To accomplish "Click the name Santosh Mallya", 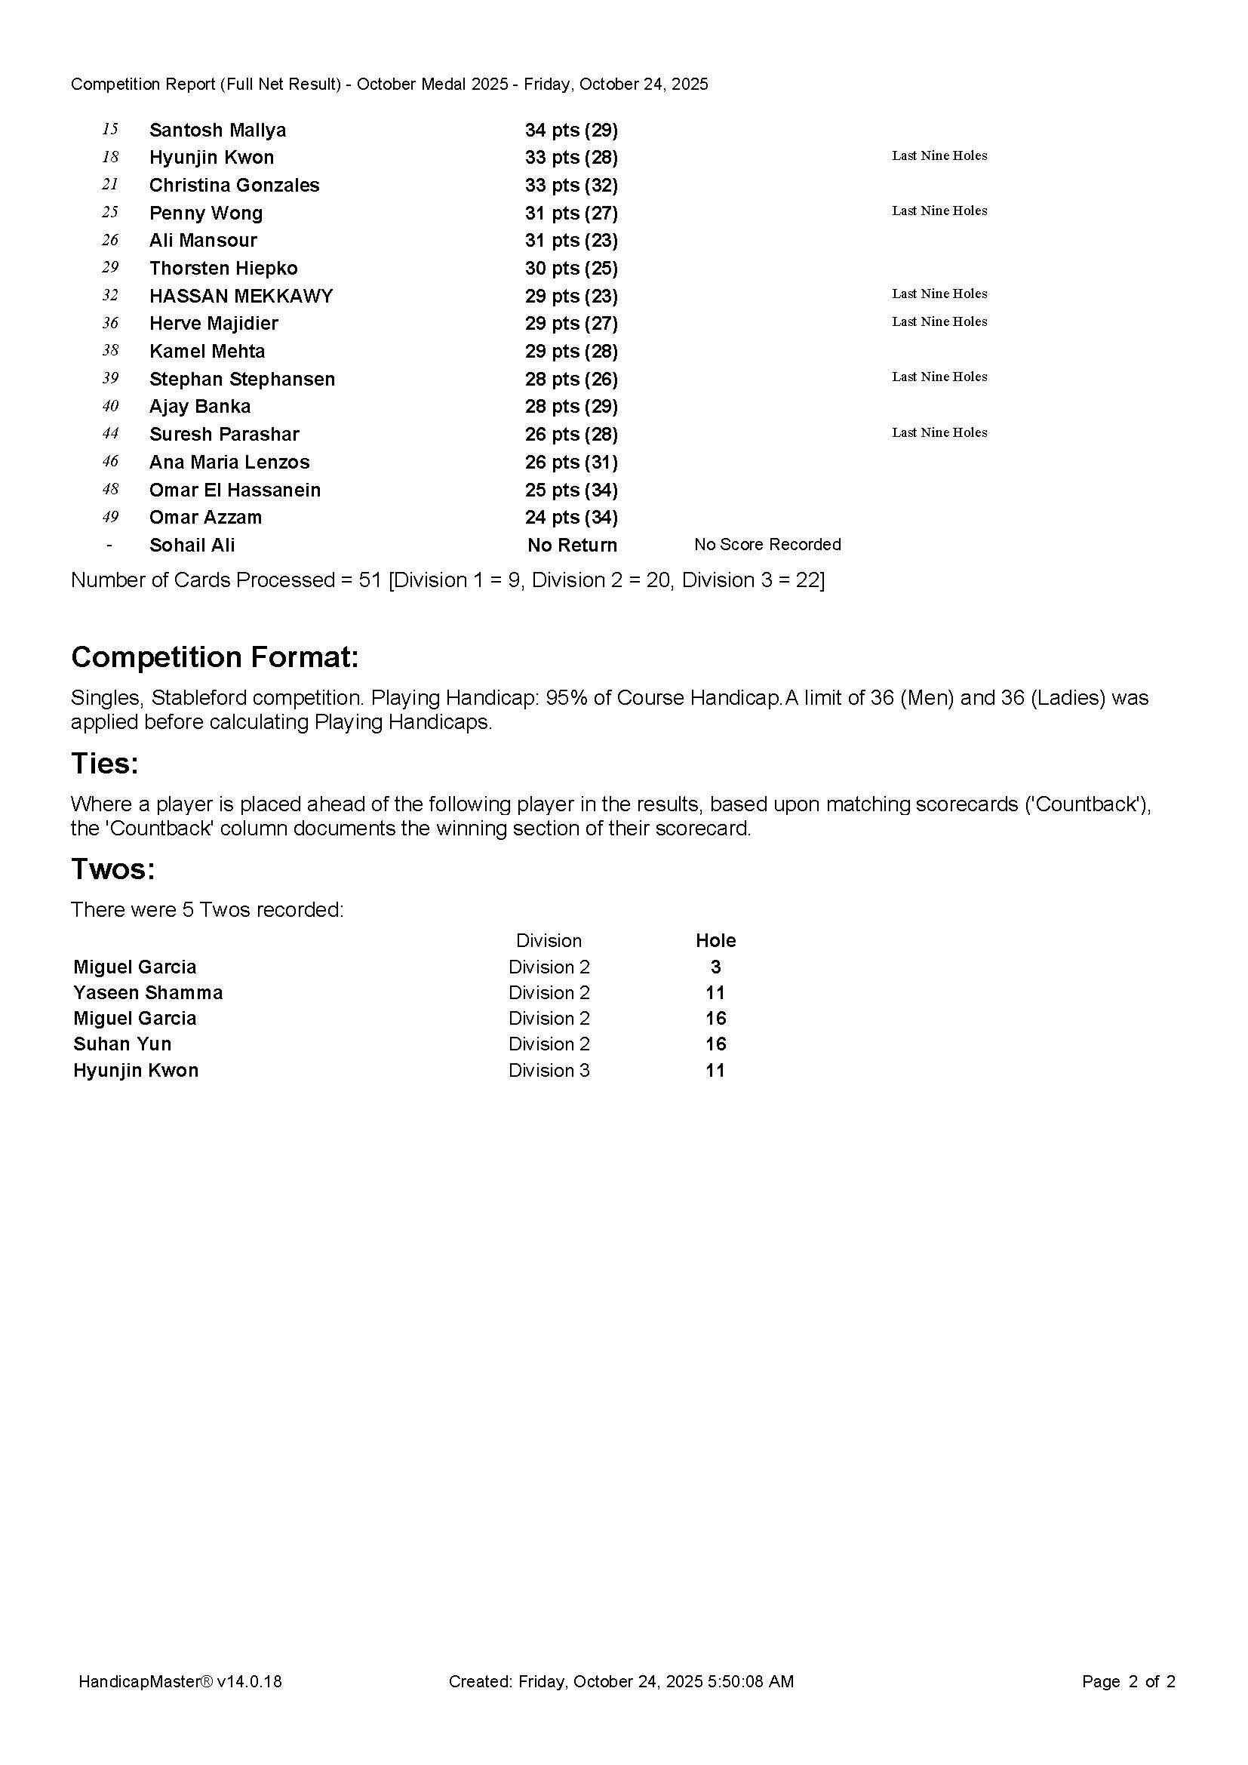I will pos(217,130).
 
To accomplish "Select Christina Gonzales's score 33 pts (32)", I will pos(571,186).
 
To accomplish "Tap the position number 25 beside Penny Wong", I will pos(110,212).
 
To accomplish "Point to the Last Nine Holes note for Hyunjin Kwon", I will pos(939,155).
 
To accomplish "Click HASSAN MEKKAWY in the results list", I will pos(241,296).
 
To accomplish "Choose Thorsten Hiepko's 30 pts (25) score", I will pos(571,269).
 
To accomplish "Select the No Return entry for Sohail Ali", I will pos(572,545).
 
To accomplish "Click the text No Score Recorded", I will pos(767,544).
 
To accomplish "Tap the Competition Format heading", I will pos(214,657).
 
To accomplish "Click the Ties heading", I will pos(105,764).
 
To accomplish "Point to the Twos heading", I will pos(113,869).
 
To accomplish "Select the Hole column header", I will pos(715,940).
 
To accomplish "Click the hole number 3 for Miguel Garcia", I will pos(715,967).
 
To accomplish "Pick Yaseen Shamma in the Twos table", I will pos(148,992).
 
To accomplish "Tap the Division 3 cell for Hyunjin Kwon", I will pos(549,1070).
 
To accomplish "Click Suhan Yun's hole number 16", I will pos(715,1044).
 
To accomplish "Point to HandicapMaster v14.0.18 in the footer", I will pos(180,1681).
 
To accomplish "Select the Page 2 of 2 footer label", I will pos(1128,1681).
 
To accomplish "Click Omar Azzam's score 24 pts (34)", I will pos(571,518).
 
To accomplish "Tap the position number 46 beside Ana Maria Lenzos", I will pos(110,461).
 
